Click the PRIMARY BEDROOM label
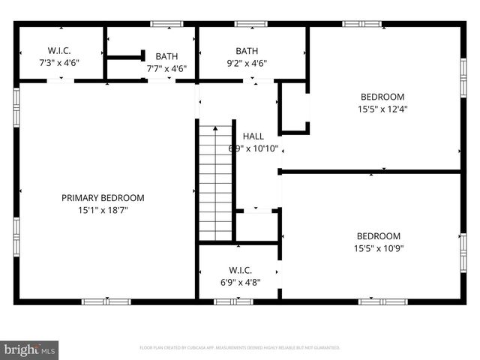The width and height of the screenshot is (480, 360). pos(103,197)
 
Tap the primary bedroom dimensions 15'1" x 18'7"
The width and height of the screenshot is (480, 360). pos(103,210)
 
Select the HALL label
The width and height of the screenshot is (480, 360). pos(253,136)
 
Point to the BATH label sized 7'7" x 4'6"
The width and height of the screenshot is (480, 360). pos(166,56)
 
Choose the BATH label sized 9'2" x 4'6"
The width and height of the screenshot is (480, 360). pos(247,51)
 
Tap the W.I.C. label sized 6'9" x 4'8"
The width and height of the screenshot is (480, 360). pos(240,270)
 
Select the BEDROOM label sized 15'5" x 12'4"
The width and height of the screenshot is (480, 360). pos(382,97)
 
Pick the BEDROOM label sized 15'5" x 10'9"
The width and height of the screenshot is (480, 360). pos(378,235)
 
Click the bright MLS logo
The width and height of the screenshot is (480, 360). pos(30,349)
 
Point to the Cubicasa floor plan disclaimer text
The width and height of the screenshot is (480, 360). pos(240,348)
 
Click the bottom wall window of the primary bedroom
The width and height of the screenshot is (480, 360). pos(106,301)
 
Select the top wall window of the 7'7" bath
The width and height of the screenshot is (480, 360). pos(166,24)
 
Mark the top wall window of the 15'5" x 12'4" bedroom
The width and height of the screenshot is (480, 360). pos(362,24)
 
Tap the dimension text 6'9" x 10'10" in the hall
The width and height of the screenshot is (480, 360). pos(253,148)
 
